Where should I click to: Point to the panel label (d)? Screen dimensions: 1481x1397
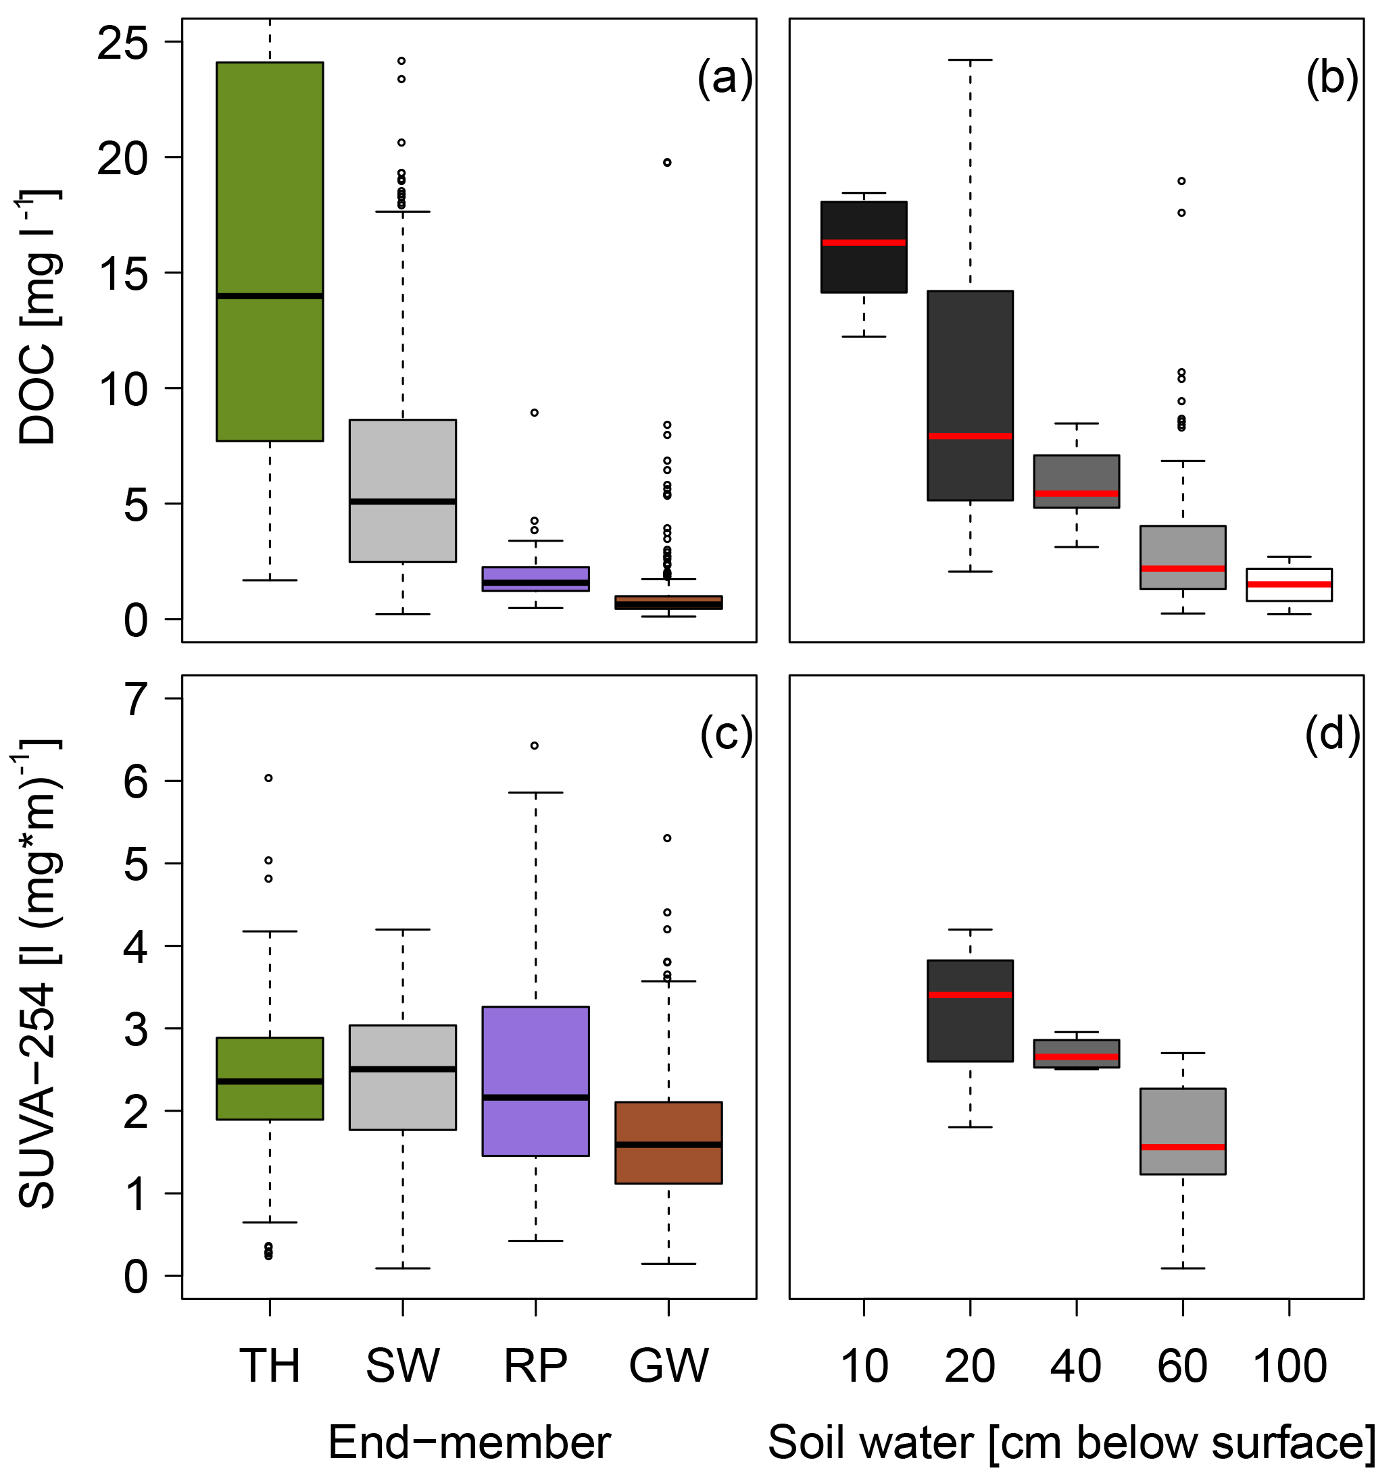pyautogui.click(x=1332, y=735)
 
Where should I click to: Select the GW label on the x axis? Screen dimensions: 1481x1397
pyautogui.click(x=668, y=1366)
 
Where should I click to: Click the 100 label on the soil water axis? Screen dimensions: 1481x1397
pyautogui.click(x=1290, y=1366)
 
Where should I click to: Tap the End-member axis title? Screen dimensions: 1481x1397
pyautogui.click(x=469, y=1443)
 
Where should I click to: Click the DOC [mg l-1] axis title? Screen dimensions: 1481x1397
pyautogui.click(x=37, y=317)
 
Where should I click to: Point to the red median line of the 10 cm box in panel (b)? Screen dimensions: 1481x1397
pyautogui.click(x=864, y=242)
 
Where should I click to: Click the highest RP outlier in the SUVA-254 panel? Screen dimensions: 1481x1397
pyautogui.click(x=535, y=746)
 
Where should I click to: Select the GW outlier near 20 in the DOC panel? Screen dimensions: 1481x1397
pyautogui.click(x=667, y=162)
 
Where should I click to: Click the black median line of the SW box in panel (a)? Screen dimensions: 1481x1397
pyautogui.click(x=403, y=501)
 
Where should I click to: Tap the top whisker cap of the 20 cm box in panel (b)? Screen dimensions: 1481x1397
pyautogui.click(x=970, y=59)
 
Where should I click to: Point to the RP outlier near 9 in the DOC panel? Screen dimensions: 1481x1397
pyautogui.click(x=535, y=413)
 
